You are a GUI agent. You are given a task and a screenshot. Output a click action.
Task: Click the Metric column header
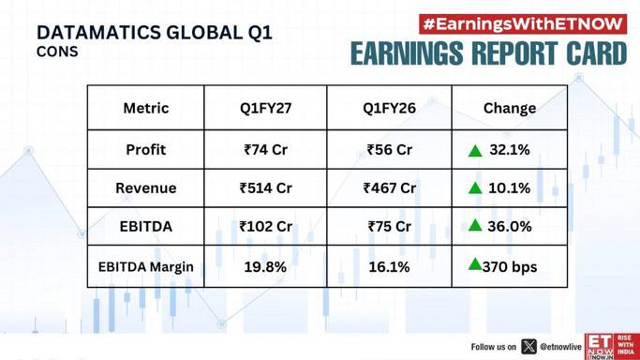146,108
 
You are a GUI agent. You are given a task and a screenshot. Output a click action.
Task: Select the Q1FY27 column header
265,108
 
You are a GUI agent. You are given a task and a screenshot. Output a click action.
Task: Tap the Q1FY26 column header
389,108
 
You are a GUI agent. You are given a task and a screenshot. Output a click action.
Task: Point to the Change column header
510,108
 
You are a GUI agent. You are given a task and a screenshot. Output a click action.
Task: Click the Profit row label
146,150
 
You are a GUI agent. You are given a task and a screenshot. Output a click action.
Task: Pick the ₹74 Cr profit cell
266,150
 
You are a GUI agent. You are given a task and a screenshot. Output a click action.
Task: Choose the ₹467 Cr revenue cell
390,188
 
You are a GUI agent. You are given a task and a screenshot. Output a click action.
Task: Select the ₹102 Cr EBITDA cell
266,227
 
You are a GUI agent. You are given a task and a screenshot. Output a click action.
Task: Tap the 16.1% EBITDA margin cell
389,267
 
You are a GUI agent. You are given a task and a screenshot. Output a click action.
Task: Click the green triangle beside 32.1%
475,151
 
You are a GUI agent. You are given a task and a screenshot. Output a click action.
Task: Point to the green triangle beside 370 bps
475,264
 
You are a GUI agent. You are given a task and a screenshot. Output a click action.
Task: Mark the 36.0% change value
510,227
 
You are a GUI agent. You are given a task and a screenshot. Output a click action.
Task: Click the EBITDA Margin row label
146,267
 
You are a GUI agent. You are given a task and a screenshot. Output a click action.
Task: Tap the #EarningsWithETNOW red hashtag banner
523,24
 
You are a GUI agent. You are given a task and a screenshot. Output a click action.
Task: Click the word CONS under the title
57,52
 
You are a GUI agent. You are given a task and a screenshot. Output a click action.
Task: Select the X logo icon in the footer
529,347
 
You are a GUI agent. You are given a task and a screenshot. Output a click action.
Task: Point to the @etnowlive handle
560,347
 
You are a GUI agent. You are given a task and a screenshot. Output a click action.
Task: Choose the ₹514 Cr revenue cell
266,188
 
